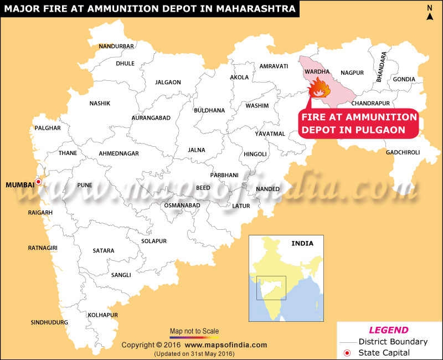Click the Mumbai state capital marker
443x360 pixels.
click(38, 181)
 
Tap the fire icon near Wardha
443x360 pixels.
click(318, 89)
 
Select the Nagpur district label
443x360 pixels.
click(352, 73)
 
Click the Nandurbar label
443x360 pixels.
click(116, 46)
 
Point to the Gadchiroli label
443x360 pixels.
click(403, 152)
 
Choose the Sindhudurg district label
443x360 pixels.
click(49, 322)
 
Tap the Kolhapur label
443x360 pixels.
click(103, 315)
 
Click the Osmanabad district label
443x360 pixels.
click(182, 205)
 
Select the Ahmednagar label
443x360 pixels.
click(119, 153)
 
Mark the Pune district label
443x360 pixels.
click(85, 185)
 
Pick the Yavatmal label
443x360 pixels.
click(270, 133)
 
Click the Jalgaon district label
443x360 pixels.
click(168, 82)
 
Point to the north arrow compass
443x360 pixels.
click(429, 12)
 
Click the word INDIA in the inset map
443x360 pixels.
click(302, 243)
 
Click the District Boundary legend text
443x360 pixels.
click(393, 342)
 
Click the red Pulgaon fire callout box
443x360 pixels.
click(358, 124)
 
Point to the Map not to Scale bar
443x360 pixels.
click(194, 336)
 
